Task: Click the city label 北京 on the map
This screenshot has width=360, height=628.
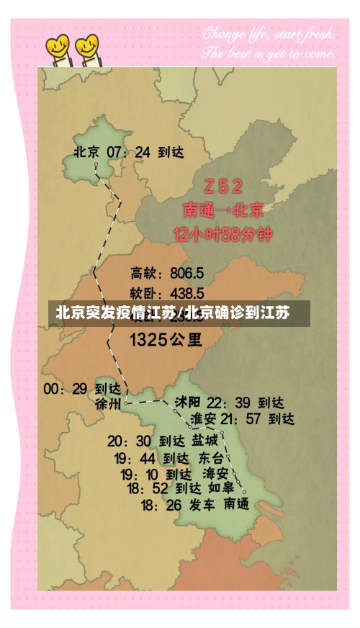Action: coord(86,152)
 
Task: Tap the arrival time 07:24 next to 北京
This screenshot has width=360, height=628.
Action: coord(128,152)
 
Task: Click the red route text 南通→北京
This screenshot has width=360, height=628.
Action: coord(223,210)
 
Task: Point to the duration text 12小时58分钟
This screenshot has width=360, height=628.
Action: coord(223,235)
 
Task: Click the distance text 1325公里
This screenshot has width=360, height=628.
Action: coord(166,338)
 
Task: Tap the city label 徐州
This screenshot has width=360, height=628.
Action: coord(108,404)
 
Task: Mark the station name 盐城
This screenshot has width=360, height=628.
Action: coord(204,439)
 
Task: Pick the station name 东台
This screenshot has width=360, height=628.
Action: coord(211,457)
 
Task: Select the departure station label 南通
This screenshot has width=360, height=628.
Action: coord(237,505)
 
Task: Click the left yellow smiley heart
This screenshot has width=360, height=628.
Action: coord(58,48)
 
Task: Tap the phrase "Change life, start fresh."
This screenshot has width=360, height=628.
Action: coord(268,33)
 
